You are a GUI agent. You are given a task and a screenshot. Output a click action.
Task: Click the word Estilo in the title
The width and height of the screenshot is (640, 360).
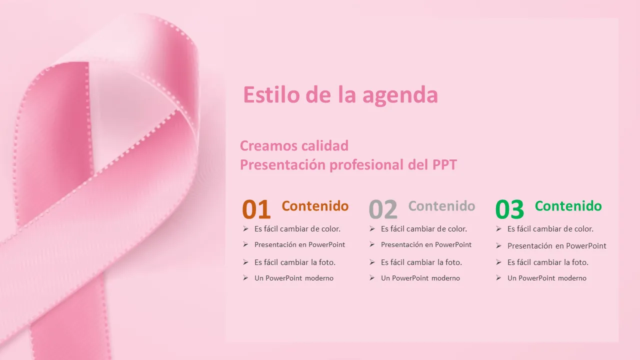(271, 94)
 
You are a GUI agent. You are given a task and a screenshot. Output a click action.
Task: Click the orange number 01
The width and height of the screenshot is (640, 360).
(256, 209)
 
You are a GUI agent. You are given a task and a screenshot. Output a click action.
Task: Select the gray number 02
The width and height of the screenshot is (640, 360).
(383, 209)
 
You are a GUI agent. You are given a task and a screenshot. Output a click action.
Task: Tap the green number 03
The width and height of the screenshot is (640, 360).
(509, 209)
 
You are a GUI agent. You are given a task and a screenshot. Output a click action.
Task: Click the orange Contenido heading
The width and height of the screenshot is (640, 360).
(315, 206)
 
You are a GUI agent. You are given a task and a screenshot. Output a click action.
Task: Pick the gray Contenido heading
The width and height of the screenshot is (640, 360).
(441, 206)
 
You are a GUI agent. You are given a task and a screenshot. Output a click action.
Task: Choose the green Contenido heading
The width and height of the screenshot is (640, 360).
(568, 206)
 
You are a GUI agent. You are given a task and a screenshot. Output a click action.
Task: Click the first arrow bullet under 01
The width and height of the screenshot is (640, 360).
(245, 228)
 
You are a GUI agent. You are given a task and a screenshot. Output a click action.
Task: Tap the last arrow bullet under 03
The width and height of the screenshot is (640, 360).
(498, 277)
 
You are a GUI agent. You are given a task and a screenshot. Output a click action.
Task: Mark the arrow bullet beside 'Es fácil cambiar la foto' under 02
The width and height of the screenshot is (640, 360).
(372, 262)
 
